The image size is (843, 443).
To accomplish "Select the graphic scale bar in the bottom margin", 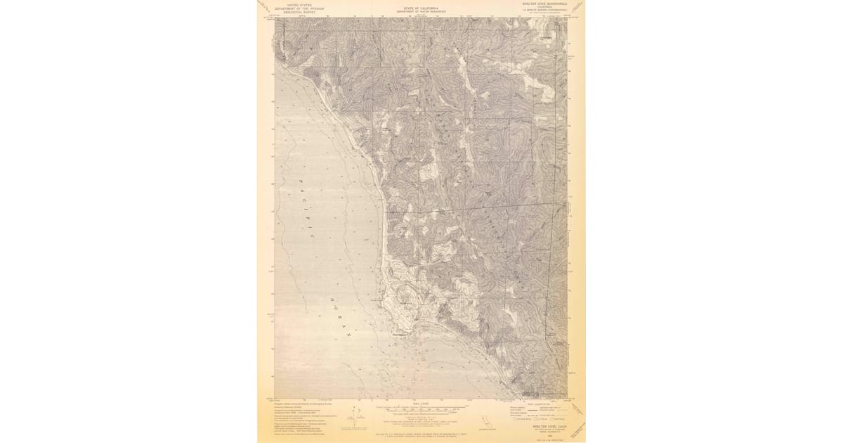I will click(420, 409).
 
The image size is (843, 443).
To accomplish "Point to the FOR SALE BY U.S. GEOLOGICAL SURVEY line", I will click(420, 436).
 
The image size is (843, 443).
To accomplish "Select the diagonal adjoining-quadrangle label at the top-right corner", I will click(577, 7).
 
